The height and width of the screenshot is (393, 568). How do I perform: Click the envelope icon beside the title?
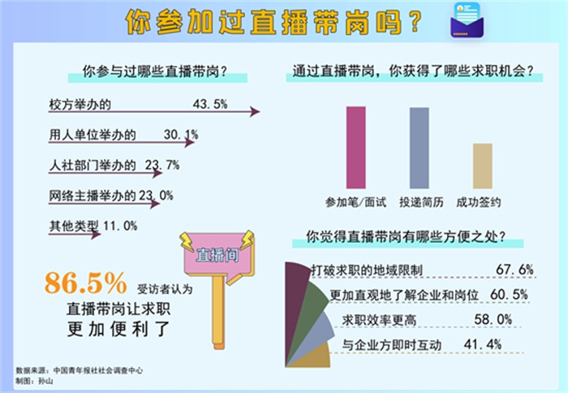click(467, 20)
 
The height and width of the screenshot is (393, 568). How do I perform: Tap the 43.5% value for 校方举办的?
click(210, 105)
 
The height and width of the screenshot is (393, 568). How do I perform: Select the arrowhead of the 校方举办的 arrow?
click(255, 112)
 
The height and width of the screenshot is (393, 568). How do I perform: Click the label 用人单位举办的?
click(93, 135)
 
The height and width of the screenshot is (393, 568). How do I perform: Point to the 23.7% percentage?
click(162, 166)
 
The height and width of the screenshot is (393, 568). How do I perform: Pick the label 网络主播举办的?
click(93, 196)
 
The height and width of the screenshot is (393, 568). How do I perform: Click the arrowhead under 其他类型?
click(96, 235)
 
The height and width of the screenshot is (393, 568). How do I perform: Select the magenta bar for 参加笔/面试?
click(355, 148)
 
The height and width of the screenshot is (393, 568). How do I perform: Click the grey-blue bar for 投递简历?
click(420, 148)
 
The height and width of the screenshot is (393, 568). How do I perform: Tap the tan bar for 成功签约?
click(483, 166)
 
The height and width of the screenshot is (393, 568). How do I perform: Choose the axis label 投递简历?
click(421, 202)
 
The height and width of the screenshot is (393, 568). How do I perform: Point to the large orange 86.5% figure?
click(86, 283)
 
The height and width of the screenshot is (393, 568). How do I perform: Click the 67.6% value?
click(514, 270)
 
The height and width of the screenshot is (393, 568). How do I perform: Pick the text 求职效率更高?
click(379, 320)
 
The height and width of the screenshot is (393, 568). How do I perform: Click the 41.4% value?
click(483, 344)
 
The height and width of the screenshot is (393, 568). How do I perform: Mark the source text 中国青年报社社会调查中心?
click(98, 370)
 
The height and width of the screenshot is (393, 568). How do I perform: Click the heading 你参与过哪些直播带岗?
click(155, 71)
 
